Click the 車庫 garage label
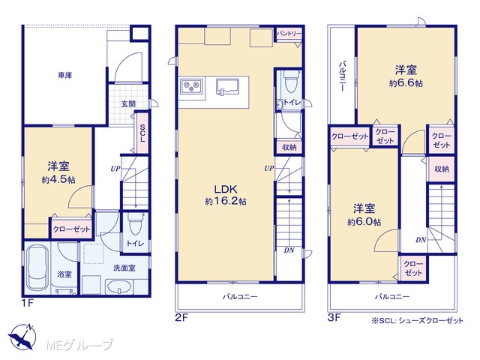[65, 75]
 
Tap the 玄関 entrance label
[128, 104]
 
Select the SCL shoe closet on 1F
[142, 133]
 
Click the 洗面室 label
[124, 268]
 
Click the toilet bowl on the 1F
[135, 223]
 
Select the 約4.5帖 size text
[58, 180]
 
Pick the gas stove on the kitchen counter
[191, 86]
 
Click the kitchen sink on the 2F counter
[228, 88]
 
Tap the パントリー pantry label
[289, 34]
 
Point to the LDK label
[226, 189]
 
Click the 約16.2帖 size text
[226, 202]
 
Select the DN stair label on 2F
[289, 250]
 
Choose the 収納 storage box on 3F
[442, 169]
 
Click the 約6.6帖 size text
[406, 83]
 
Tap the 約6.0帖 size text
[364, 222]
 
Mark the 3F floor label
[334, 317]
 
